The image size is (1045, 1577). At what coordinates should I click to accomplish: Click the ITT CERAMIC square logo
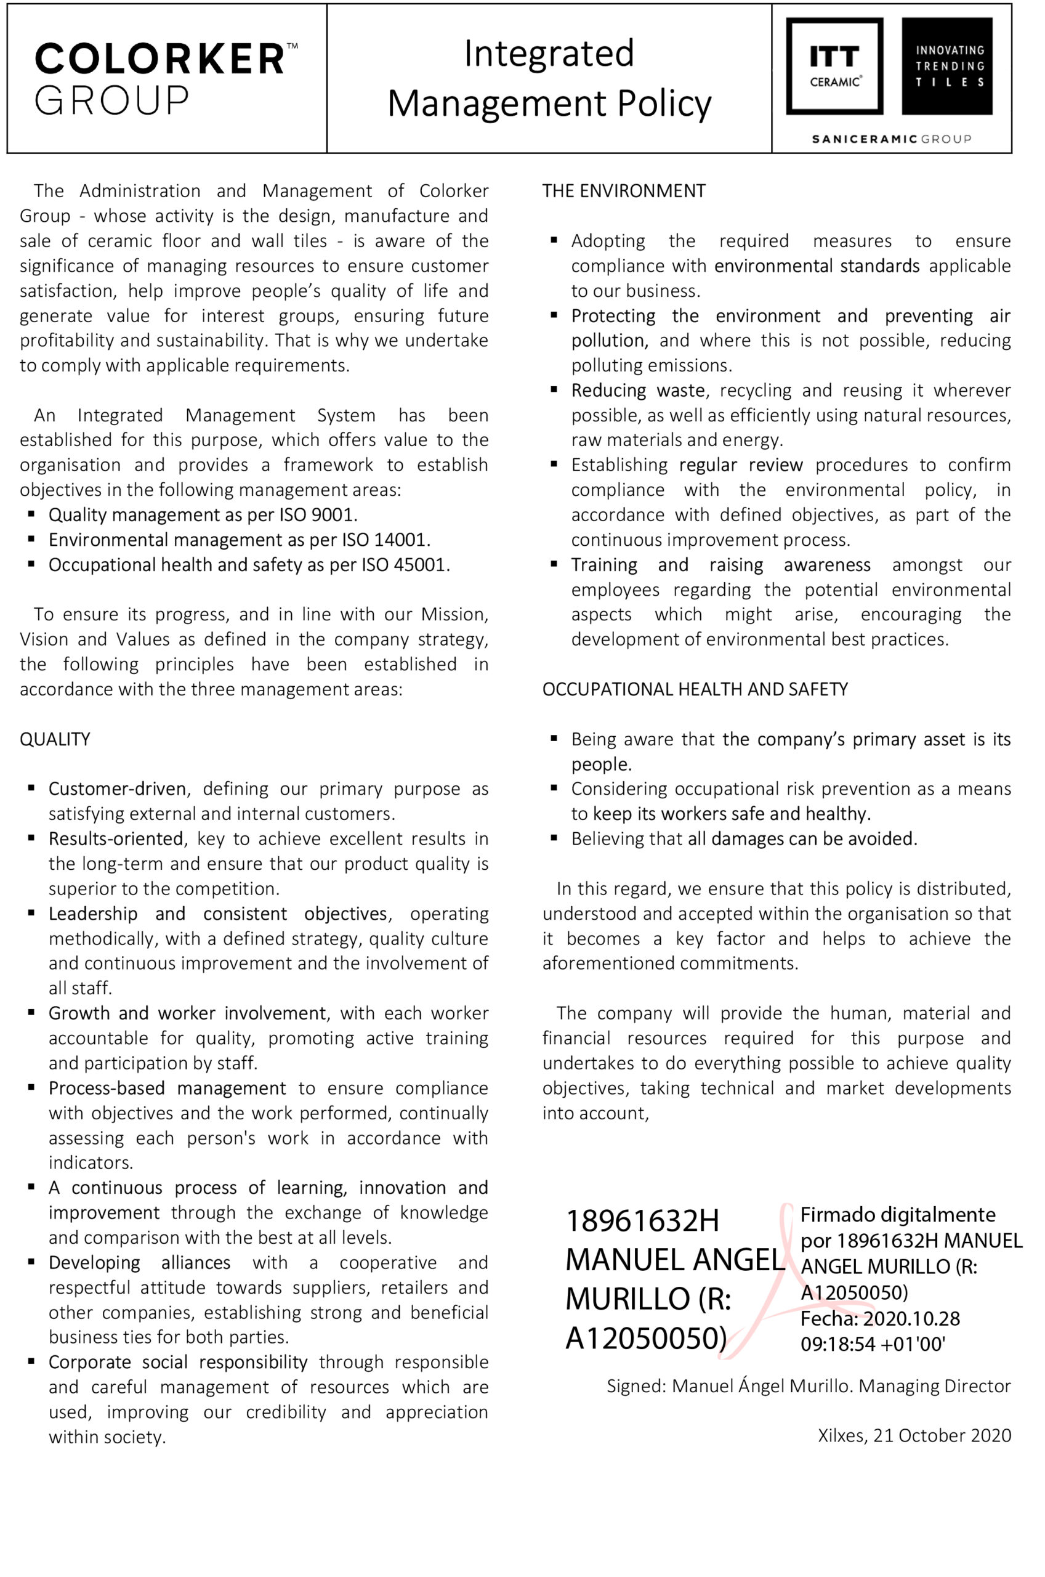point(834,67)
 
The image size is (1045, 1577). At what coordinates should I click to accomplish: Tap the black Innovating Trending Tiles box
point(947,67)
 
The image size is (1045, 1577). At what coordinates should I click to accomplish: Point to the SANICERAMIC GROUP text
point(891,139)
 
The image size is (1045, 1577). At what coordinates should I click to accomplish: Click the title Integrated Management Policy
point(549,78)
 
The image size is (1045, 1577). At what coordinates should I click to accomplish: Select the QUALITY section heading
point(55,739)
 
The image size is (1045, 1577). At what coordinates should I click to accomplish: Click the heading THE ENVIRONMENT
point(624,192)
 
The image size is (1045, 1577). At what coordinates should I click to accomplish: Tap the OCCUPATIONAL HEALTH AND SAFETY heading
point(695,689)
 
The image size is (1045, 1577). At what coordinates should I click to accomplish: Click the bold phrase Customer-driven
point(117,789)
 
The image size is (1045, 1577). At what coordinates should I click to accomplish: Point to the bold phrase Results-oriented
point(116,839)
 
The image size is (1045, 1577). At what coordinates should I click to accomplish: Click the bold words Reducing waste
point(638,391)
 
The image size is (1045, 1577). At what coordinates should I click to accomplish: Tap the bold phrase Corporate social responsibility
point(178,1363)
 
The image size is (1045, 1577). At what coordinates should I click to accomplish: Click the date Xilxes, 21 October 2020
point(914,1436)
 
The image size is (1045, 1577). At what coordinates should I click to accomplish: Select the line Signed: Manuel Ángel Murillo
point(809,1387)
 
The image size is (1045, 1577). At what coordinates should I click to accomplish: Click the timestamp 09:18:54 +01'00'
point(873,1344)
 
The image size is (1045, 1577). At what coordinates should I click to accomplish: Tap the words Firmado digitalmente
point(898,1215)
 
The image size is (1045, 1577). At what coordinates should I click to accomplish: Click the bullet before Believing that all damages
point(554,838)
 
